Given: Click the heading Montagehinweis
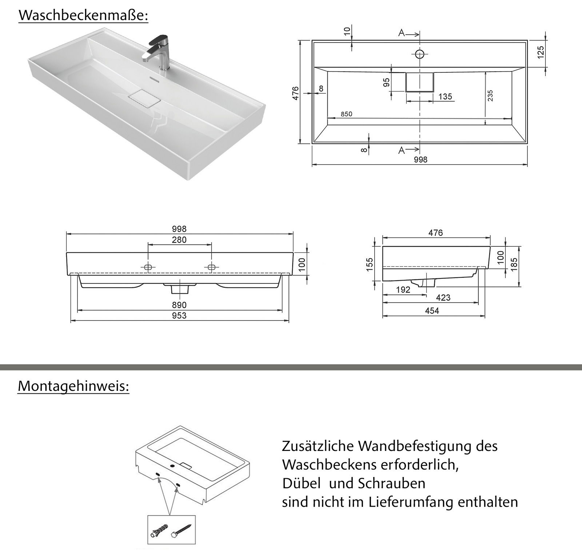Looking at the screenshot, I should coord(73,386).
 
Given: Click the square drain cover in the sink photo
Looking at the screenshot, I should coord(144,99).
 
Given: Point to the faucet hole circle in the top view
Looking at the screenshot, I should coord(420,55).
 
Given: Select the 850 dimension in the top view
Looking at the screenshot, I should coord(346,114).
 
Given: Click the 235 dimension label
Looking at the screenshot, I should coord(490,95).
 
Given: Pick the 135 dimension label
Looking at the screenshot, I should coord(445,96).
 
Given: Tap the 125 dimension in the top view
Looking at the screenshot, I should coord(541,52).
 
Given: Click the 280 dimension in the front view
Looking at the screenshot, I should coord(179,240).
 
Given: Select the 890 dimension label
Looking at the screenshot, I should coord(179,305).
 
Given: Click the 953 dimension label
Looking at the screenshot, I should coord(179,316).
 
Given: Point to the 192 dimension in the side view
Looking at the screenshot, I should coord(403,290).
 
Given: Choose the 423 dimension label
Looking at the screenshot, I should coord(443,298).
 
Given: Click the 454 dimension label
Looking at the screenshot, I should coord(432,311).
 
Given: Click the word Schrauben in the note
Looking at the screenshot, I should coord(391,484).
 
